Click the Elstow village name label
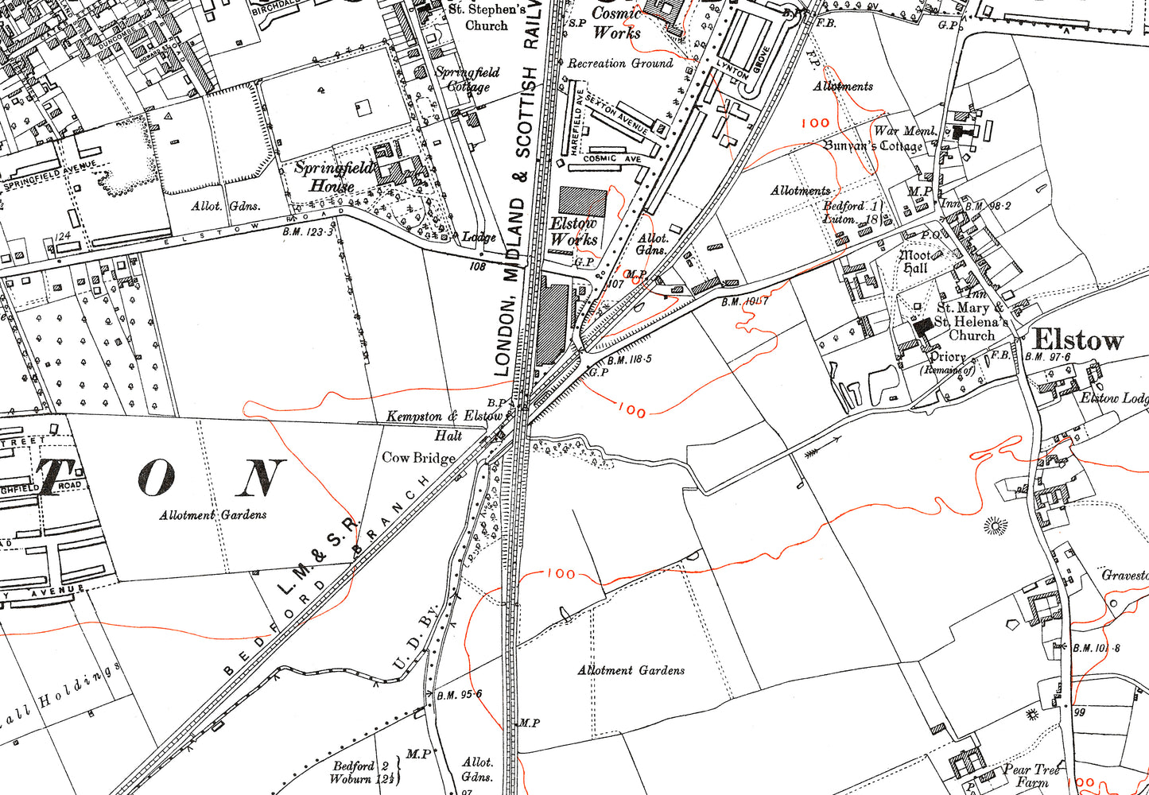click(1078, 341)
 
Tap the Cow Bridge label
click(418, 458)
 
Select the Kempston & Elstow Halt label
click(446, 425)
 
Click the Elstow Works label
click(573, 231)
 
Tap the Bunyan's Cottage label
click(873, 146)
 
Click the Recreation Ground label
click(620, 64)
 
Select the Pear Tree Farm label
click(1031, 774)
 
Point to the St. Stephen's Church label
click(487, 17)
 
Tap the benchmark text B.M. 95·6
click(459, 694)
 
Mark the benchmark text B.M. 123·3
click(308, 231)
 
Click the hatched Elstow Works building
click(583, 201)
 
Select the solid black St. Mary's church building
click(923, 327)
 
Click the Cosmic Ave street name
click(611, 159)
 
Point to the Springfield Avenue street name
click(49, 174)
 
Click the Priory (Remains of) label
click(947, 363)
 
